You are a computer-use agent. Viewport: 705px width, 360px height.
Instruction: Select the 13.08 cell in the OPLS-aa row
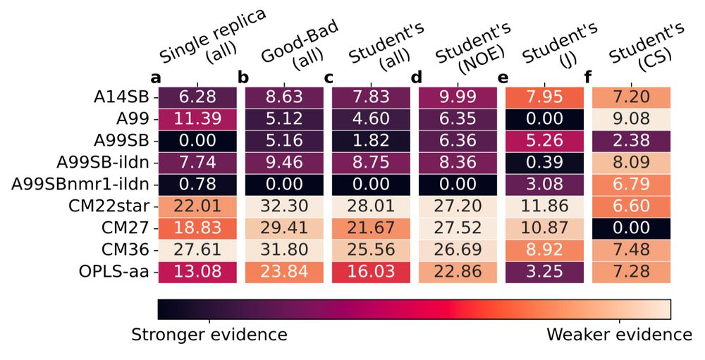197,272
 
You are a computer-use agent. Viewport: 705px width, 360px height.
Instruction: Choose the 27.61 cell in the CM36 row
197,250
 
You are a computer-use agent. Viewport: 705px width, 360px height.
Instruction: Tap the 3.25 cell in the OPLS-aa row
545,272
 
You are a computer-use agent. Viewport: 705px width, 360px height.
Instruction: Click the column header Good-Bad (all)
296,49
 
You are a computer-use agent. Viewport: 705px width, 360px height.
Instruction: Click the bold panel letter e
503,77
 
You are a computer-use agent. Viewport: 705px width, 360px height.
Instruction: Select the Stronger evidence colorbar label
209,335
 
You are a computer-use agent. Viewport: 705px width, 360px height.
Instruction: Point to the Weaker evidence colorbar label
619,335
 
